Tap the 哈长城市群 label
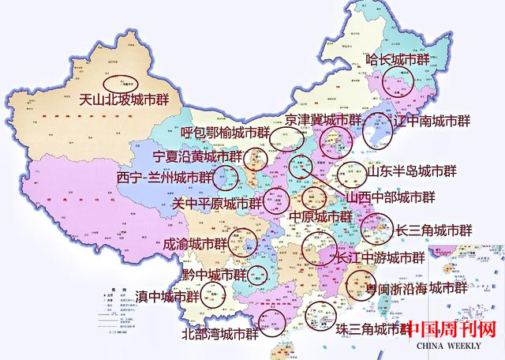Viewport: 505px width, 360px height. click(x=398, y=59)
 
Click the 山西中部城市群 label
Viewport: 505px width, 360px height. click(x=391, y=196)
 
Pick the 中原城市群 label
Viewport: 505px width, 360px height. click(x=320, y=216)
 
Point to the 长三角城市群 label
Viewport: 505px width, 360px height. click(x=433, y=231)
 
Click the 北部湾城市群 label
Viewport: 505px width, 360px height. click(x=220, y=333)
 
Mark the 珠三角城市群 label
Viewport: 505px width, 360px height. click(x=368, y=329)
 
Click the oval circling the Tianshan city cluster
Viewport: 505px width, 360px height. click(x=121, y=81)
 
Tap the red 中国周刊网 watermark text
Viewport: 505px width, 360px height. click(x=451, y=328)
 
